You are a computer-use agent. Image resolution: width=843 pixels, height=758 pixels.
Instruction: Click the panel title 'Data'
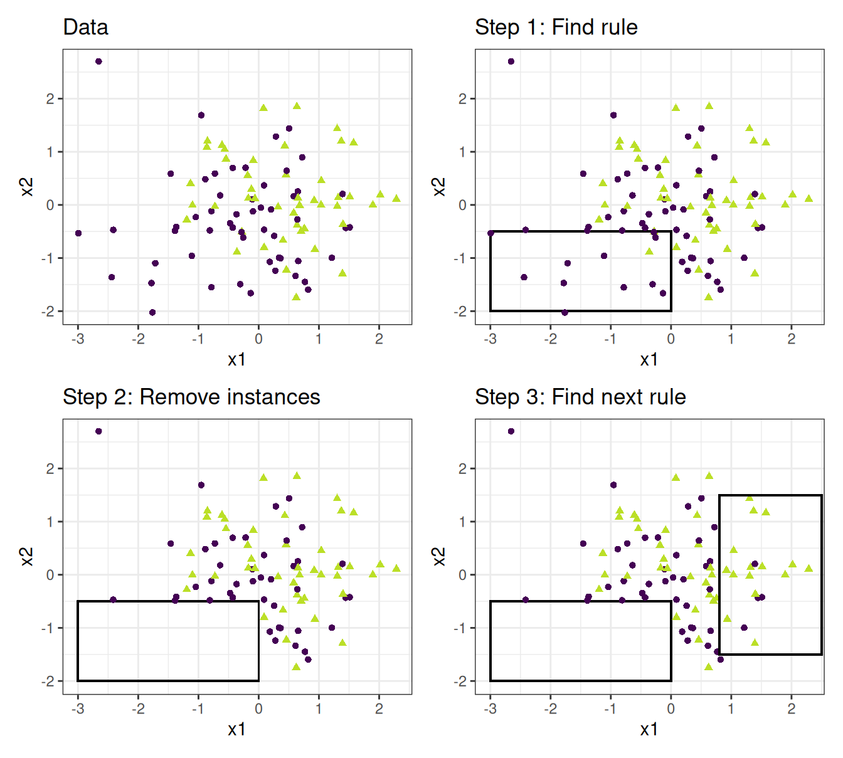(85, 28)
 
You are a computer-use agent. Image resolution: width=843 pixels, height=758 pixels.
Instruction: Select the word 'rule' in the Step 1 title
(618, 28)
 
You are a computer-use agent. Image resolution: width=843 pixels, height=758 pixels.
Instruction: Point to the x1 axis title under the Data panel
(236, 359)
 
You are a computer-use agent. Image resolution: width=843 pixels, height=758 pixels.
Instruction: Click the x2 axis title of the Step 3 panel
(439, 556)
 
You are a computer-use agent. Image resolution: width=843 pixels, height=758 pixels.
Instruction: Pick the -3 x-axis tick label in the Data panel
(78, 339)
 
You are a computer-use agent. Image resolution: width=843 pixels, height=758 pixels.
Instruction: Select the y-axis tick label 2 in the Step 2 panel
(50, 469)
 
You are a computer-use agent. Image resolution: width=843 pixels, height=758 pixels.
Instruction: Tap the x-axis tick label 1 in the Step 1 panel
(731, 339)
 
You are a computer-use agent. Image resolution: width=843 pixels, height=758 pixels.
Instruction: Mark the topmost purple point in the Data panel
(98, 61)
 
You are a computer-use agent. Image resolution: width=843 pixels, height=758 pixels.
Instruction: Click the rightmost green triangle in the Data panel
(396, 198)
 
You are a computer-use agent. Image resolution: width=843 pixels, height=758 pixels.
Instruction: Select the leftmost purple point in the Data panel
(78, 233)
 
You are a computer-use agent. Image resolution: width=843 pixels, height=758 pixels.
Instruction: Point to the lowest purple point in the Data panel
(152, 312)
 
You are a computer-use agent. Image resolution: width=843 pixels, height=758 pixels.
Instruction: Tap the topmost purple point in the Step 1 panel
(511, 61)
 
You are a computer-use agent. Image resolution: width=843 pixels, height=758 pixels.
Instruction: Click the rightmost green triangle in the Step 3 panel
(809, 568)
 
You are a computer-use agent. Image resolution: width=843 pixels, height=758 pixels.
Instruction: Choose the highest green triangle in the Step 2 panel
(297, 476)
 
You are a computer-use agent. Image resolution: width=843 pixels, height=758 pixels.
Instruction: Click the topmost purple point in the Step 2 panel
(98, 431)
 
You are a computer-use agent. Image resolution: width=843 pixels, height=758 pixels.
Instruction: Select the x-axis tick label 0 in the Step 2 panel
(258, 709)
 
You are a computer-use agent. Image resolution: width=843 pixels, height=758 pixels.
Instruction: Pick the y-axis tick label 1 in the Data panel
(50, 152)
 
